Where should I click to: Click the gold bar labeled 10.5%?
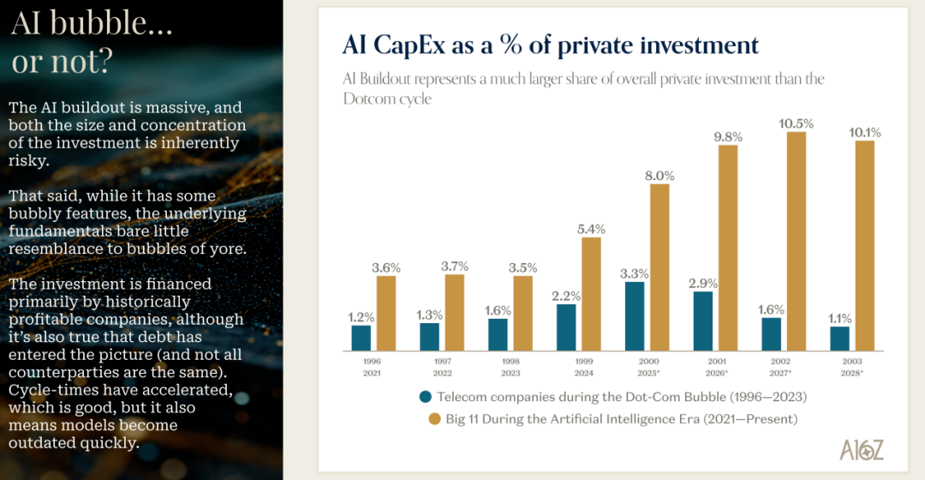click(797, 241)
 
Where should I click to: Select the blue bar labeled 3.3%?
click(635, 316)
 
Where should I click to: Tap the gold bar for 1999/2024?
click(592, 294)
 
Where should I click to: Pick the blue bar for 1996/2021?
click(361, 338)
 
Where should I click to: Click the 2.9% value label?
click(703, 282)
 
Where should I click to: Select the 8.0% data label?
click(660, 176)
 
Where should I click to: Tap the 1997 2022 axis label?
click(442, 368)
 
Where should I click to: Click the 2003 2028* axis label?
click(852, 368)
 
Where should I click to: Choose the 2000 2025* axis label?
click(647, 368)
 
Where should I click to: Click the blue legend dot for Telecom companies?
click(425, 397)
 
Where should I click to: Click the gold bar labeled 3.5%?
click(523, 313)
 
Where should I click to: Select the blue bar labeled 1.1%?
click(840, 339)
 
